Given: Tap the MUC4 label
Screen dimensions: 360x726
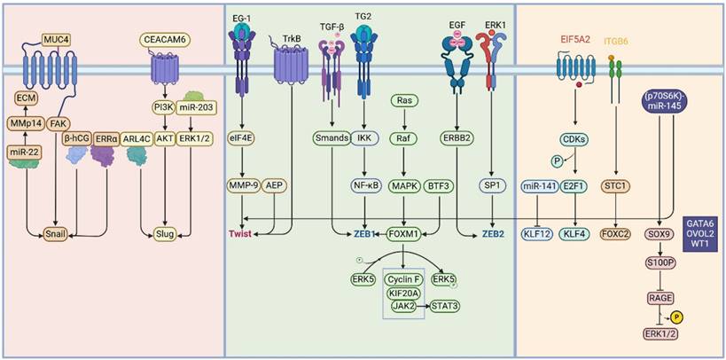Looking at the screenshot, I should pyautogui.click(x=57, y=39).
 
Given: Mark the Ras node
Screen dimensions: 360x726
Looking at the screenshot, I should pyautogui.click(x=405, y=101).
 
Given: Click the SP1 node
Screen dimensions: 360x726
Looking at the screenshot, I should pyautogui.click(x=494, y=185).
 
